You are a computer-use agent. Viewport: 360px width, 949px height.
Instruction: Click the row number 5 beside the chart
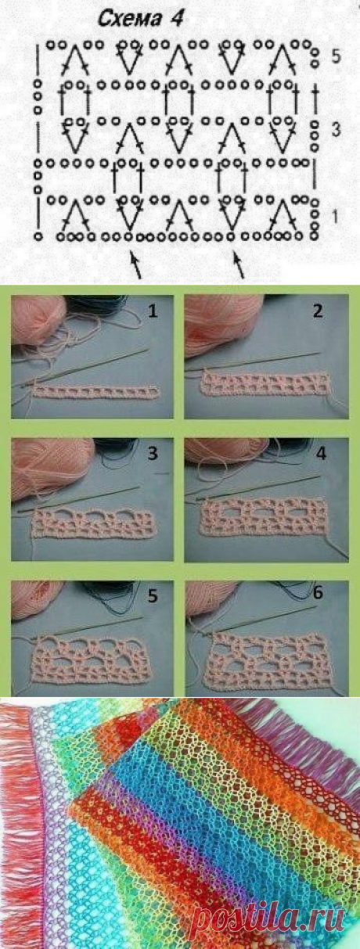336,56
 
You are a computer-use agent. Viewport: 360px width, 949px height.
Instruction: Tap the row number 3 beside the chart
336,130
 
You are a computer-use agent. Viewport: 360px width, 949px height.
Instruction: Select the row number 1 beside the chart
335,217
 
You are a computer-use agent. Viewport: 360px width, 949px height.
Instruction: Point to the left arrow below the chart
136,266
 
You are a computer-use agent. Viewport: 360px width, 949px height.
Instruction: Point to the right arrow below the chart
239,266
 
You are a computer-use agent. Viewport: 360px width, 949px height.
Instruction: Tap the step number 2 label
317,311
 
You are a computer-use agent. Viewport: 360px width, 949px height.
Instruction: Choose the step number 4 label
321,453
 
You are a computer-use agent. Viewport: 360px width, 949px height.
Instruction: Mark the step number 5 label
153,595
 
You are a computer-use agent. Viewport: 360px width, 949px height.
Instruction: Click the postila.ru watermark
267,920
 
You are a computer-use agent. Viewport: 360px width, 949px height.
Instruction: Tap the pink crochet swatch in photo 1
95,392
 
